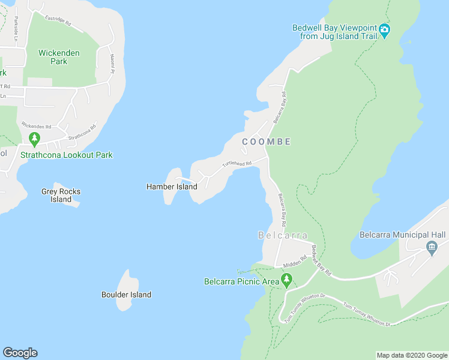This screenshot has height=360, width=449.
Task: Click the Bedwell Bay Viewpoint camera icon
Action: pos(384,31)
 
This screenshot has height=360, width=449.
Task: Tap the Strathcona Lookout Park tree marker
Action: pos(34,140)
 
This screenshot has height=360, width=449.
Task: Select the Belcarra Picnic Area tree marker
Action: pos(287,280)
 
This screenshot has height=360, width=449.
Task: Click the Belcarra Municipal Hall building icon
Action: pos(431,247)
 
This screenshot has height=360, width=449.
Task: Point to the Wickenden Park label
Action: pos(59,57)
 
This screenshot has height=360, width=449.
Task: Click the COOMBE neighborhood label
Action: pos(267,142)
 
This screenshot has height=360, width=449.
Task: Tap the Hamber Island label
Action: pos(172,187)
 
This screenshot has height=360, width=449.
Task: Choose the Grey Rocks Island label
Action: pos(61,196)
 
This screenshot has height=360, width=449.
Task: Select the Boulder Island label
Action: pos(126,295)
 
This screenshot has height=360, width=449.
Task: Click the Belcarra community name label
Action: pos(283,235)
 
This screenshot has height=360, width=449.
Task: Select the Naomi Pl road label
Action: pos(112,63)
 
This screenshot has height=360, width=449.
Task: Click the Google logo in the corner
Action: pos(20,353)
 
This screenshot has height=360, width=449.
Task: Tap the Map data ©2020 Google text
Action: pos(411,355)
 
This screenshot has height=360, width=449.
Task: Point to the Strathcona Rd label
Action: pos(82,133)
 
